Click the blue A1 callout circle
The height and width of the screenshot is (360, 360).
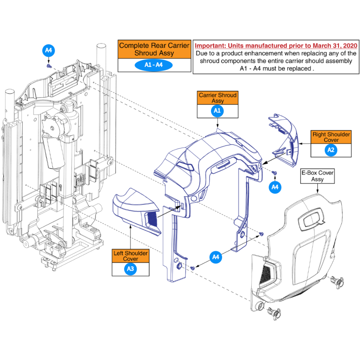(217, 111)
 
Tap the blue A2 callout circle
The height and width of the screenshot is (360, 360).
(331, 150)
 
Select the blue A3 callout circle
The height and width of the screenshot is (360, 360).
(130, 269)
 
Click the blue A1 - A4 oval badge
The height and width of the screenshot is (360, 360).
(154, 65)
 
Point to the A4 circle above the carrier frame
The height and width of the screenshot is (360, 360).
(49, 50)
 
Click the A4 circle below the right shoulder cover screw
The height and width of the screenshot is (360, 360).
(275, 187)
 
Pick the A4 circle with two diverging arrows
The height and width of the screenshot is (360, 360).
(216, 257)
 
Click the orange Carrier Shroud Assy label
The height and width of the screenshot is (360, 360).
(218, 98)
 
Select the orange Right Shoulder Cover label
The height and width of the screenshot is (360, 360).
(331, 137)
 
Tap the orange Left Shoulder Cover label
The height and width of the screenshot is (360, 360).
(131, 256)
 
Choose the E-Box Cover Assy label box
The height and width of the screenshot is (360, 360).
(318, 176)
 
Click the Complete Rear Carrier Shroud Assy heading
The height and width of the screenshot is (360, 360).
(154, 49)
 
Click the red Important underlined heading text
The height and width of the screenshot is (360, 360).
(276, 46)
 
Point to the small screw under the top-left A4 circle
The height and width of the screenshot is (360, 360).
(49, 66)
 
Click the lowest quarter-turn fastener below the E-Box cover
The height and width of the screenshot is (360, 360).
(274, 314)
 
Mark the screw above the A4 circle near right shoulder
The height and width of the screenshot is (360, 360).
(274, 173)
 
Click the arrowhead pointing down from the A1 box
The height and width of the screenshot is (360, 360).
(217, 126)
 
